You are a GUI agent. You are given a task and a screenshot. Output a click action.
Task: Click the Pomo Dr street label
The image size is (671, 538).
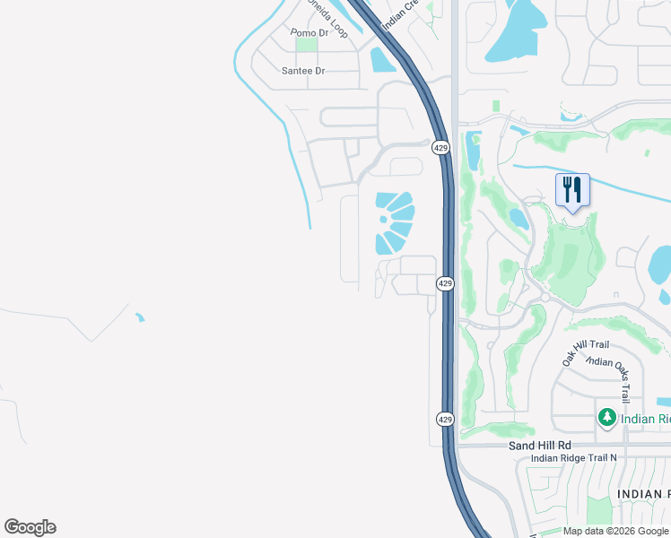pyautogui.click(x=310, y=33)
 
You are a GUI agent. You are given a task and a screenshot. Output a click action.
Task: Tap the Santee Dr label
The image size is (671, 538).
pyautogui.click(x=303, y=70)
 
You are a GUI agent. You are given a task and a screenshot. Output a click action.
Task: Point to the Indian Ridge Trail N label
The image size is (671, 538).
pyautogui.click(x=574, y=458)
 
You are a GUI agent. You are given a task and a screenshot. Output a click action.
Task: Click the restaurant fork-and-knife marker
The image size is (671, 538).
pyautogui.click(x=572, y=190)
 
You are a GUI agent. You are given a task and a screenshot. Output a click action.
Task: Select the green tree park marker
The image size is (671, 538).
pyautogui.click(x=607, y=418)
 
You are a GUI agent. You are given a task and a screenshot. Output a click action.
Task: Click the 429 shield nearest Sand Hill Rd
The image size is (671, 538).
pyautogui.click(x=445, y=419)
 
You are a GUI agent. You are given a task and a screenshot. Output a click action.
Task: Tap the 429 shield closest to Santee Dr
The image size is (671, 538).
pyautogui.click(x=440, y=147)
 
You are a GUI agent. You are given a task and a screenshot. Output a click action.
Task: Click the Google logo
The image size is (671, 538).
pyautogui.click(x=30, y=527)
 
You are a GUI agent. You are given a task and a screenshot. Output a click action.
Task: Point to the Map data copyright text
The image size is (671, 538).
pyautogui.click(x=616, y=531)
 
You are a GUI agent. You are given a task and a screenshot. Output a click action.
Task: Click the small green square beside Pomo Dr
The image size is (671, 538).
pyautogui.click(x=307, y=45)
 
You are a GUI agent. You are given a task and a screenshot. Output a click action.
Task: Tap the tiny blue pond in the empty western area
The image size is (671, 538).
pyautogui.click(x=139, y=317)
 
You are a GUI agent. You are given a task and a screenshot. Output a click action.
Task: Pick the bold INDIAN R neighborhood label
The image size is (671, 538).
pyautogui.click(x=643, y=494)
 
